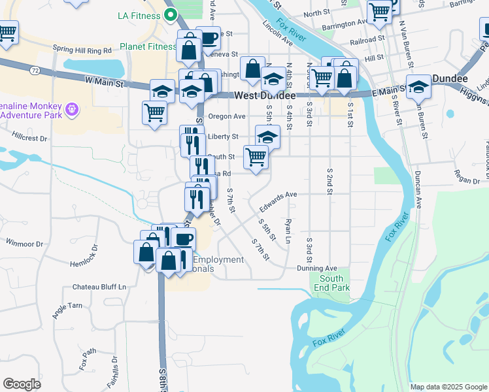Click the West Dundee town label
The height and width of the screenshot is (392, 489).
[x=265, y=95]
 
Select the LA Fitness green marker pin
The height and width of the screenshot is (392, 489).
[x=171, y=14]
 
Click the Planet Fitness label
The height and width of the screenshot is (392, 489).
[x=148, y=47]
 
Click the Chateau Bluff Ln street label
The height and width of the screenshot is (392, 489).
[x=99, y=287]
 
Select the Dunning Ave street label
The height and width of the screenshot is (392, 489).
[x=316, y=268]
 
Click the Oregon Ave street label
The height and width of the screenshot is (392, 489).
[x=226, y=116]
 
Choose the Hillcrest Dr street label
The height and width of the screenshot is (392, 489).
[x=30, y=139]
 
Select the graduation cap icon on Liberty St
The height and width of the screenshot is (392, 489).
[x=267, y=136]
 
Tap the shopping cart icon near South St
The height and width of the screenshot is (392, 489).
[x=256, y=157]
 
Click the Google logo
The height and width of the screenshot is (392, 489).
[x=22, y=384]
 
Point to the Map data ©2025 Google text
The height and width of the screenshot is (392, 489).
[x=448, y=387]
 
